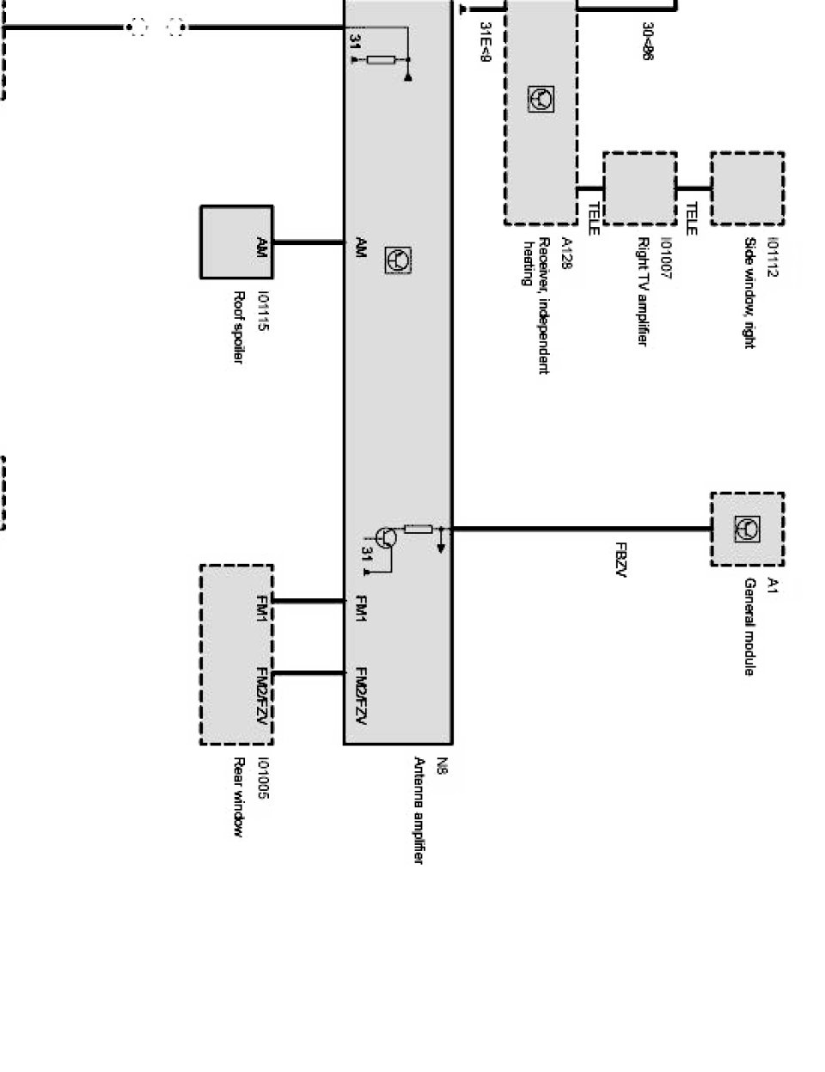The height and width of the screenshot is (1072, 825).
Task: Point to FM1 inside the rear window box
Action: coord(262,607)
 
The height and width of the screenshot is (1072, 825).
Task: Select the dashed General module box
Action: coord(747,529)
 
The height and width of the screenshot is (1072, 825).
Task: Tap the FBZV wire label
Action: coord(620,559)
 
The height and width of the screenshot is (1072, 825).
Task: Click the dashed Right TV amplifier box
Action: coord(639,189)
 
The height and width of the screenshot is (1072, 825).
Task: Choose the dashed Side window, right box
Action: coord(747,189)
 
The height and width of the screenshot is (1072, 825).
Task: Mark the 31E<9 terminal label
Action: coord(486,44)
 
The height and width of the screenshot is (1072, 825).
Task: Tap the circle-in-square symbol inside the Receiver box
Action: coord(541,100)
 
